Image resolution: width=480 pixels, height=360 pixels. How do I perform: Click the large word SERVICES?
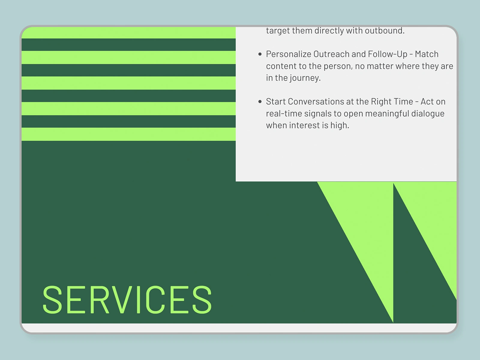click(127, 299)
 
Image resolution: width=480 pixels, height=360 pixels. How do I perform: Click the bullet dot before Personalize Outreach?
click(260, 54)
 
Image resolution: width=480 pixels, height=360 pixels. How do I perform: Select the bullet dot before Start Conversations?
click(260, 101)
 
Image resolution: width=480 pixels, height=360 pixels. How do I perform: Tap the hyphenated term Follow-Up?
click(388, 54)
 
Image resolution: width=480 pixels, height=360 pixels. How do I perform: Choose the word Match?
click(427, 54)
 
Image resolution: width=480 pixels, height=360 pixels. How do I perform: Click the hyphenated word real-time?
click(284, 114)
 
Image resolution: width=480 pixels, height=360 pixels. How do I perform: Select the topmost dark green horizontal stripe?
click(129, 45)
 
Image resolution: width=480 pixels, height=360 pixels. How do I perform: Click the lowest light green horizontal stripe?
click(129, 134)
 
